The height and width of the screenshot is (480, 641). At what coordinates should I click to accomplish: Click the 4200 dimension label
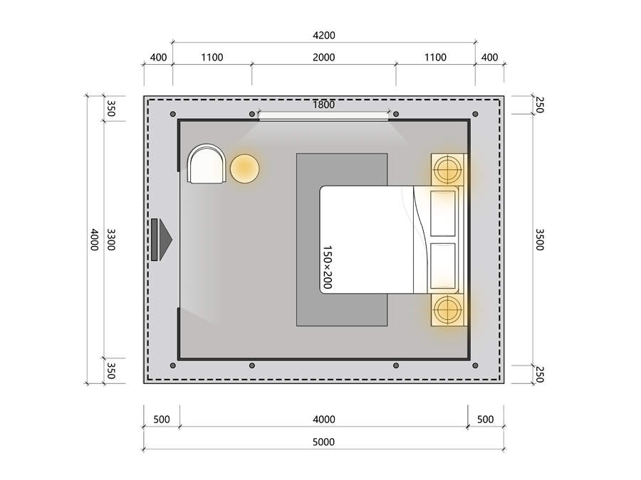point(324,36)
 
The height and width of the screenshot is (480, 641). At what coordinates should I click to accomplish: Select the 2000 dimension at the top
point(324,58)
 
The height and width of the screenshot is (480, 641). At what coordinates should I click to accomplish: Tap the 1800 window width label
point(324,105)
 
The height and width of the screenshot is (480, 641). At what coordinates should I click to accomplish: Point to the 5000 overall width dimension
point(324,442)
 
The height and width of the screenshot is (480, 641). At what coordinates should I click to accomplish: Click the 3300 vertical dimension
point(111,240)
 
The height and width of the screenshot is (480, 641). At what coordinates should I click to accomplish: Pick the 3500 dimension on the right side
point(540,240)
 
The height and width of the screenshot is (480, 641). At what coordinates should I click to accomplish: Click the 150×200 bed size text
point(328,267)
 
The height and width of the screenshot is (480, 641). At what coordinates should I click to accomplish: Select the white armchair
point(207,164)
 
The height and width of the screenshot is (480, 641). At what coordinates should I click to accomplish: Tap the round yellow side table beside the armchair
point(244,168)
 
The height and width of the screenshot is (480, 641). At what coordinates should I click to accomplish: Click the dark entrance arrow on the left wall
point(162,240)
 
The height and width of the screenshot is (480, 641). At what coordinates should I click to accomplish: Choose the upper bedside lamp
point(448,169)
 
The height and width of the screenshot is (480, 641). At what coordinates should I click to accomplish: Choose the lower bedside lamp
point(448,310)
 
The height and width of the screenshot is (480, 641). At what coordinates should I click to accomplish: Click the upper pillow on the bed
point(443,213)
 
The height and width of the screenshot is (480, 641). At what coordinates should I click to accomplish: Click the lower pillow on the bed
point(443,266)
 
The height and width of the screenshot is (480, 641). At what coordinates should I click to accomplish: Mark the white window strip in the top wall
point(324,116)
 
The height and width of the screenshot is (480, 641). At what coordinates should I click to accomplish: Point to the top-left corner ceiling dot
point(173,114)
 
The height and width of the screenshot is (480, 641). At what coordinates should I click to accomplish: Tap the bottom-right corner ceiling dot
point(475,366)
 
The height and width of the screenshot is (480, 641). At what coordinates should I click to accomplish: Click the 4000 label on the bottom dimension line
point(324,420)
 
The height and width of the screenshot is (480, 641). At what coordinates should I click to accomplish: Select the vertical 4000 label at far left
point(95,240)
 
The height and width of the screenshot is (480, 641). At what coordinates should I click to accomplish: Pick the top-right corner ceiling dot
point(475,114)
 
